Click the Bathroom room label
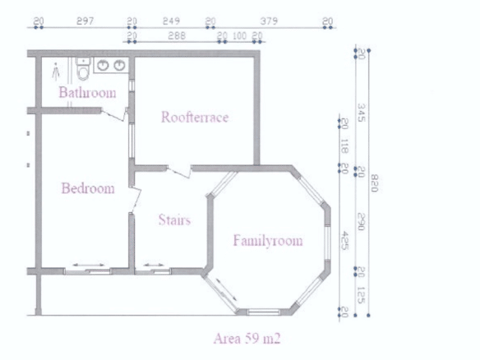click(x=88, y=92)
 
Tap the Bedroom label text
click(x=88, y=188)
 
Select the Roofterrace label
click(x=195, y=117)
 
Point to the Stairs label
click(x=174, y=219)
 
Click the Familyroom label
click(x=268, y=240)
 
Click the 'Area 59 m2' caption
click(x=247, y=339)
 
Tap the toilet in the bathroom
click(x=83, y=68)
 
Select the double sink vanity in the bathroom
click(x=111, y=65)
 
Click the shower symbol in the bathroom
click(x=55, y=72)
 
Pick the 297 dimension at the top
click(x=85, y=21)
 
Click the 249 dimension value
click(x=171, y=21)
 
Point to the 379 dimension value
click(x=269, y=21)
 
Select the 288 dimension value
click(x=177, y=35)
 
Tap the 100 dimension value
click(x=240, y=35)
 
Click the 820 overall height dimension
click(x=375, y=183)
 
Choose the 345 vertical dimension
click(x=362, y=113)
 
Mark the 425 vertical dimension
click(x=345, y=240)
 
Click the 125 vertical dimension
click(x=362, y=295)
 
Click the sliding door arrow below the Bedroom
click(x=89, y=265)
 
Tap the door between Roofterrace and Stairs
click(x=179, y=172)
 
